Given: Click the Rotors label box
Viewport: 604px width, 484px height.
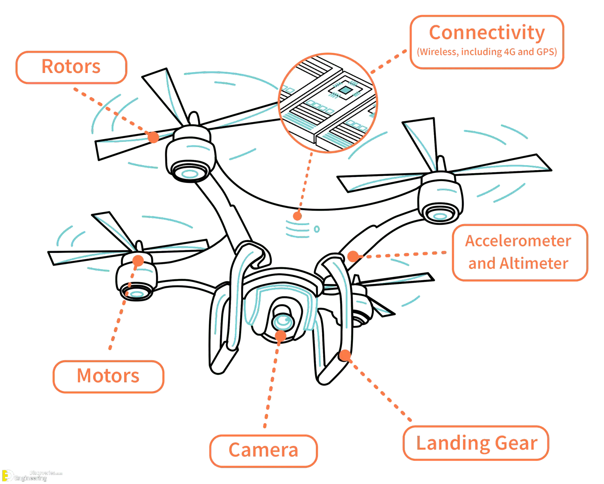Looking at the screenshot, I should [x=71, y=67].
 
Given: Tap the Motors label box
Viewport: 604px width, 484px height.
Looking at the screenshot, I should [x=108, y=376].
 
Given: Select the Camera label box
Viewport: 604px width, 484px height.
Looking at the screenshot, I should [x=263, y=450].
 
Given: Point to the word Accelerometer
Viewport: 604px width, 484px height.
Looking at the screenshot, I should [x=518, y=241].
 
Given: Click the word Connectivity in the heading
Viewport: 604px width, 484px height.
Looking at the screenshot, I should [x=487, y=33].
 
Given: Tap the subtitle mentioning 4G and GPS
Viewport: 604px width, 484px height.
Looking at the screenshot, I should [x=487, y=52].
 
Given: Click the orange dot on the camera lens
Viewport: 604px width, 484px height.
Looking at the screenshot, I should [x=280, y=336].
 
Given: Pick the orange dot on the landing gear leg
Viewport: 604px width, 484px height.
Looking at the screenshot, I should [x=345, y=355].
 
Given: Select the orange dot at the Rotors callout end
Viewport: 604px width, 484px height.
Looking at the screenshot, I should [x=153, y=137].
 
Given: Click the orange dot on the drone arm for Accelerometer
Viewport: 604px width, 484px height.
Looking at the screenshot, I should [x=353, y=256].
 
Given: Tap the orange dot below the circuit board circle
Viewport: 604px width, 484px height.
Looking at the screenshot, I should [x=297, y=216].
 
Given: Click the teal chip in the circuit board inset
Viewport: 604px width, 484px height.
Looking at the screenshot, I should [x=344, y=90].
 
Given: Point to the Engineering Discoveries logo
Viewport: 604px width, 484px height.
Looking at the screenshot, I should [x=32, y=476].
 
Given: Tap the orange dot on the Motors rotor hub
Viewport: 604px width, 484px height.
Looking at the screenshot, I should [x=138, y=261].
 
